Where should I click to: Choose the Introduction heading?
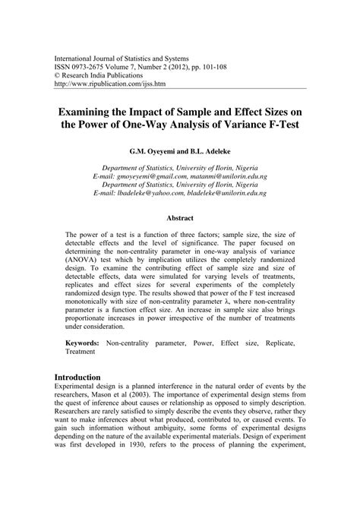89,398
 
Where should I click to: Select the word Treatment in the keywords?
84,375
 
